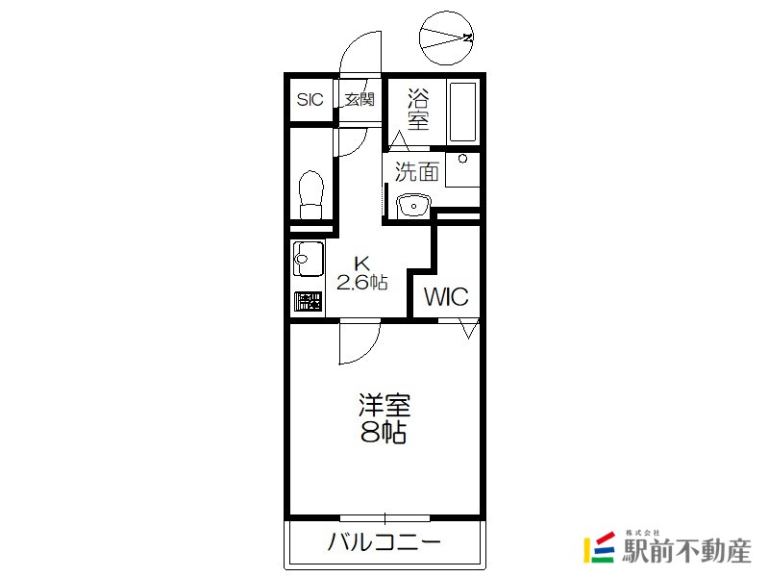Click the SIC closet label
pyautogui.click(x=310, y=100)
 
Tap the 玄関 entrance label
pyautogui.click(x=360, y=100)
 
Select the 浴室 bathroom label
pyautogui.click(x=418, y=109)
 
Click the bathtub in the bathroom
pyautogui.click(x=462, y=112)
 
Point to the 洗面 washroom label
pyautogui.click(x=417, y=172)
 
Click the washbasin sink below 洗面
pyautogui.click(x=413, y=205)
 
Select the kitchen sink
pyautogui.click(x=308, y=259)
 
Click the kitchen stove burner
pyautogui.click(x=308, y=301)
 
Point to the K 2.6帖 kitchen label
pyautogui.click(x=362, y=273)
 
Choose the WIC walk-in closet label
pyautogui.click(x=446, y=297)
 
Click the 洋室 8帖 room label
pyautogui.click(x=384, y=418)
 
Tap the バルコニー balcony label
pyautogui.click(x=384, y=542)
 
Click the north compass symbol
pyautogui.click(x=446, y=38)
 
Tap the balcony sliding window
pyautogui.click(x=385, y=518)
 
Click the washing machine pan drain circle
pyautogui.click(x=462, y=159)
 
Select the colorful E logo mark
pyautogui.click(x=599, y=547)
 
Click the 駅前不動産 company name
pyautogui.click(x=686, y=551)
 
